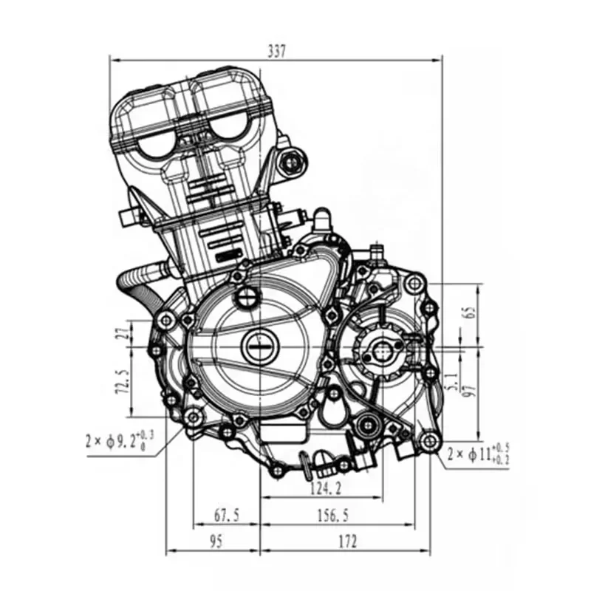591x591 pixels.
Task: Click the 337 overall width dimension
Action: pos(276,51)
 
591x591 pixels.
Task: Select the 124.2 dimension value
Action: pos(326,489)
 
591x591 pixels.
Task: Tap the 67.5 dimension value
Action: pos(227,515)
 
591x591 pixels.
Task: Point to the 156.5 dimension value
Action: pos(333,515)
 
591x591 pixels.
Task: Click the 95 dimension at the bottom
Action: pos(215,542)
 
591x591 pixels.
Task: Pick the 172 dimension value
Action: pos(347,542)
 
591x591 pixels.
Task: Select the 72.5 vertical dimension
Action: pos(121,381)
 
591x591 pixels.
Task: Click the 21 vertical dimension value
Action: pos(121,332)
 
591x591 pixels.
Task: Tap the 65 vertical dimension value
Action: pos(471,312)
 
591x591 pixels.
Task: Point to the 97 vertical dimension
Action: pos(471,390)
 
